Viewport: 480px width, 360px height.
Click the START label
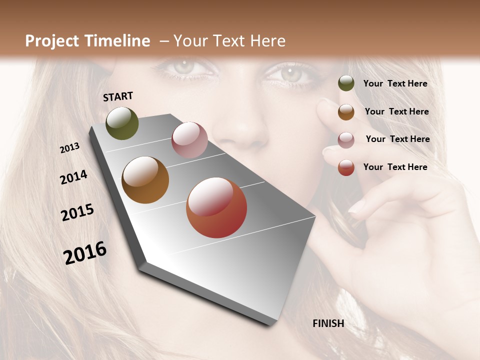pos(118,96)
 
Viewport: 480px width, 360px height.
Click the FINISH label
pos(328,323)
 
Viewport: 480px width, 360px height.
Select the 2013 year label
pos(69,148)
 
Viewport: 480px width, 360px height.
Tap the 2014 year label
pos(73,177)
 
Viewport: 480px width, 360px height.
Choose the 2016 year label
pos(85,252)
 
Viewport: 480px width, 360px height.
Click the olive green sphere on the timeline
pos(122,123)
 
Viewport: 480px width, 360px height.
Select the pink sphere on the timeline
pos(189,139)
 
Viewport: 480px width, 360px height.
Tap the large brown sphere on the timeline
pos(145,180)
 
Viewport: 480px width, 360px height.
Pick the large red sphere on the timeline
pos(216,207)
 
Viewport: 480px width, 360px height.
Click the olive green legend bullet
pos(346,83)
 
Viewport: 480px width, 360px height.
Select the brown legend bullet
pos(346,111)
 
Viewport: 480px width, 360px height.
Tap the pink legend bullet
pos(346,139)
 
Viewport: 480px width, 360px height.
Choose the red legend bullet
pos(346,167)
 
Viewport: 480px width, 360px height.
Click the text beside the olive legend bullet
pos(395,83)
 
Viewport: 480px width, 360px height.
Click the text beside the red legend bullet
pos(395,167)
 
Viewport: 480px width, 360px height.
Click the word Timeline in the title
pos(117,41)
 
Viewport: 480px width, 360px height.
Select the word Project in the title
pos(52,41)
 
